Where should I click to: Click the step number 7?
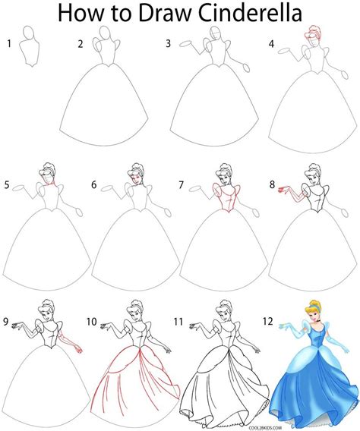[182, 184]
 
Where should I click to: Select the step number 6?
[94, 184]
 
